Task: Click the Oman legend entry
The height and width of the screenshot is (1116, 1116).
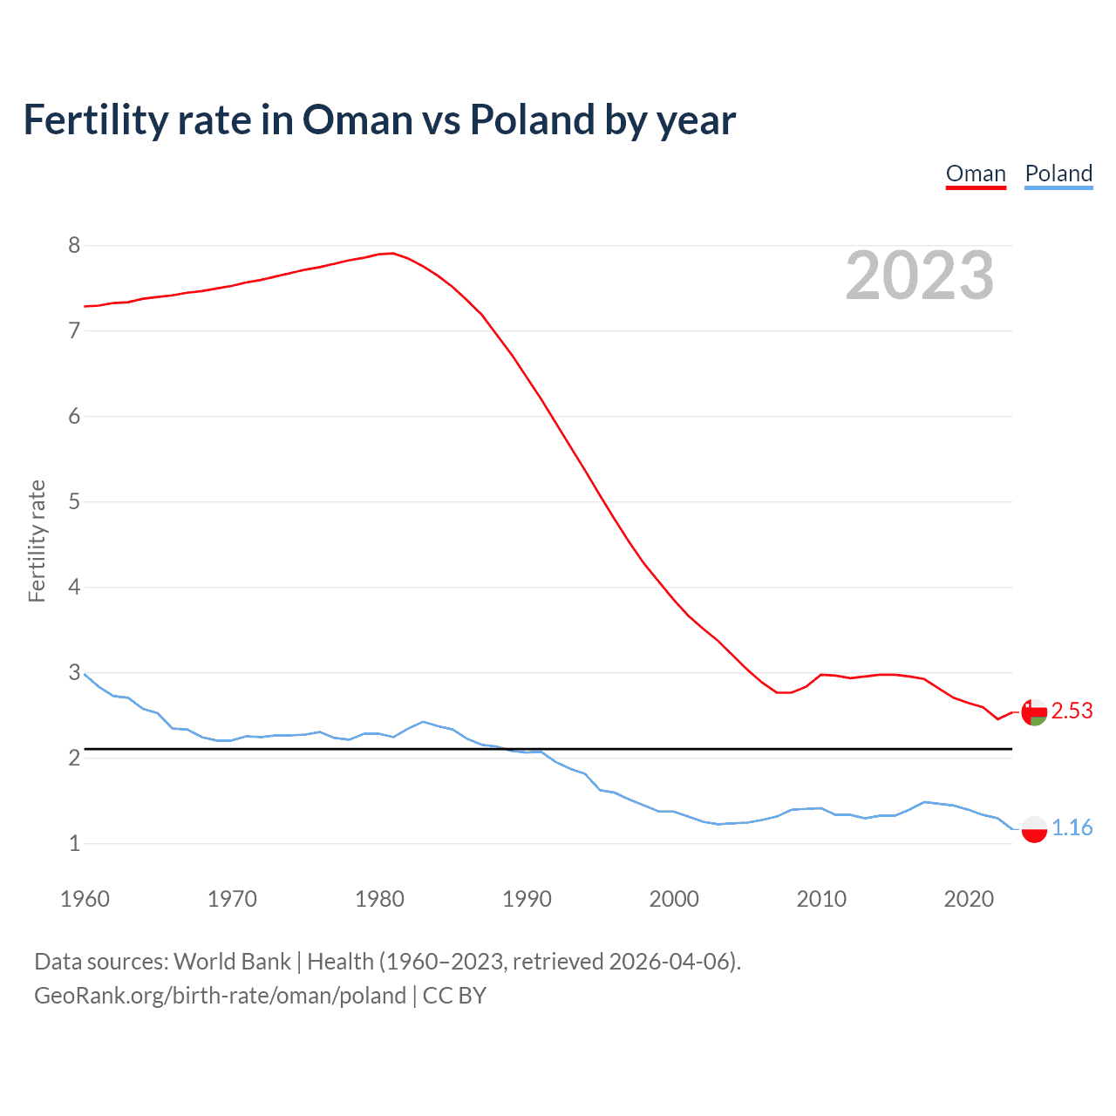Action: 976,174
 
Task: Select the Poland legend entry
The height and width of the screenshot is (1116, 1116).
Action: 1058,174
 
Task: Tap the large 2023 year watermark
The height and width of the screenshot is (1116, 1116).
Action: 919,276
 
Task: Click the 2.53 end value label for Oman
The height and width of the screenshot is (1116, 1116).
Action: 1072,711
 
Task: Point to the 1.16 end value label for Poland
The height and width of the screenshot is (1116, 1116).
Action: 1072,828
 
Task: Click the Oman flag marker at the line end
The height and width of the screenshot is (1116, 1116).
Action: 1034,712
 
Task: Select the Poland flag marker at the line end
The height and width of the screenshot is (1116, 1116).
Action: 1034,829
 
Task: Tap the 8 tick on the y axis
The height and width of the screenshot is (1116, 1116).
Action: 74,246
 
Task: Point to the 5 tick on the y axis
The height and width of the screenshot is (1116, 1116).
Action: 74,502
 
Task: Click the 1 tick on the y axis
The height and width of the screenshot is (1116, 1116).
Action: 74,844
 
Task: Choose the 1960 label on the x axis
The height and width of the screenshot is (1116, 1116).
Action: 85,899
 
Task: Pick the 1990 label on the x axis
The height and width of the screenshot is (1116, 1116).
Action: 527,899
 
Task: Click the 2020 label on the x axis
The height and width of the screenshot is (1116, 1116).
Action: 969,899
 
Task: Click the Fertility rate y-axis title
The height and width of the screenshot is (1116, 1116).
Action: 37,541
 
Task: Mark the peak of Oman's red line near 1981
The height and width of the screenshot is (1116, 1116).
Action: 393,253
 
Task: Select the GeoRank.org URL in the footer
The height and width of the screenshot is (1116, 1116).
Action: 220,996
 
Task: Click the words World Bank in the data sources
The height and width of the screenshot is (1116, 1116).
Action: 232,962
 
